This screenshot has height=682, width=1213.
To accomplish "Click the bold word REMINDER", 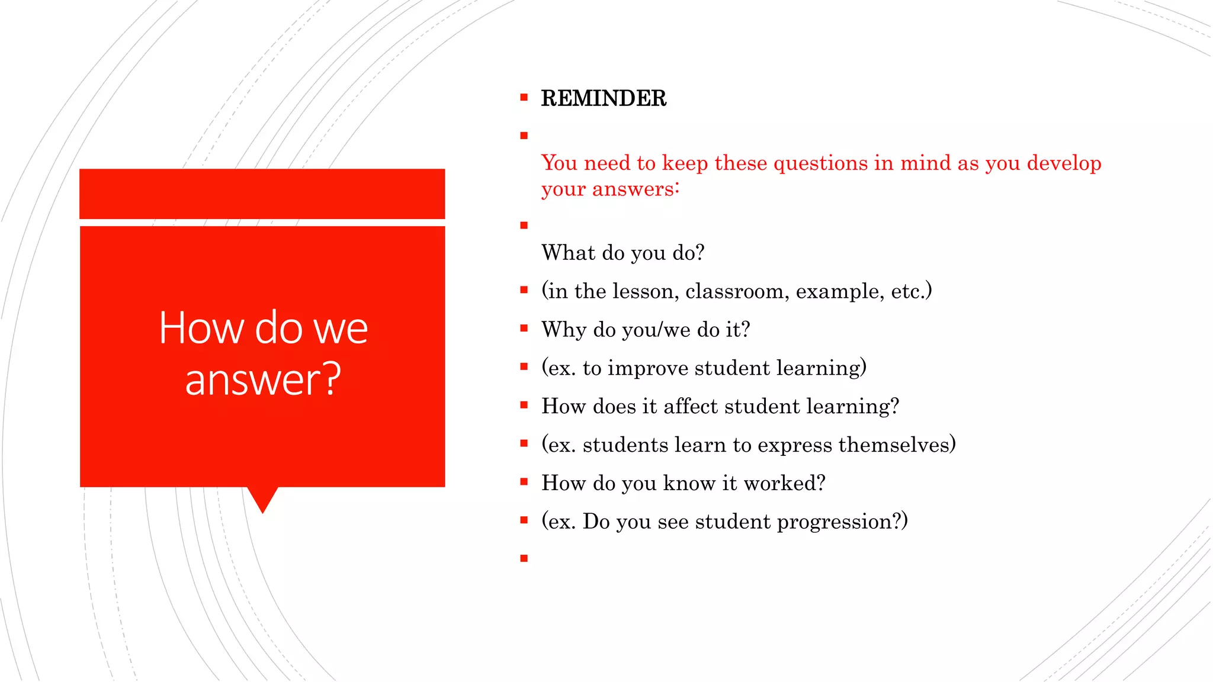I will (x=604, y=98).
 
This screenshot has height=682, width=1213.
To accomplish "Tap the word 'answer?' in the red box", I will (x=263, y=379).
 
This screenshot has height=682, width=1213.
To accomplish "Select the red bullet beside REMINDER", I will (x=524, y=98).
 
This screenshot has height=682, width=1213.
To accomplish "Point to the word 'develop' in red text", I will (x=1064, y=163).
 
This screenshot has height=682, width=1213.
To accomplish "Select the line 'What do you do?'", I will (x=622, y=253).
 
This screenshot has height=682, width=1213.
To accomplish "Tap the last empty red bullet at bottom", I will (x=524, y=558).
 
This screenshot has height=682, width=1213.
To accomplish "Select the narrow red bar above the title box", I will (x=262, y=194).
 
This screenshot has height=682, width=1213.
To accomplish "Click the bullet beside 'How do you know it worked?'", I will (x=524, y=482).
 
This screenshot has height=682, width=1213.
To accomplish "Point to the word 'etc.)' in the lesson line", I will (x=911, y=291).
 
